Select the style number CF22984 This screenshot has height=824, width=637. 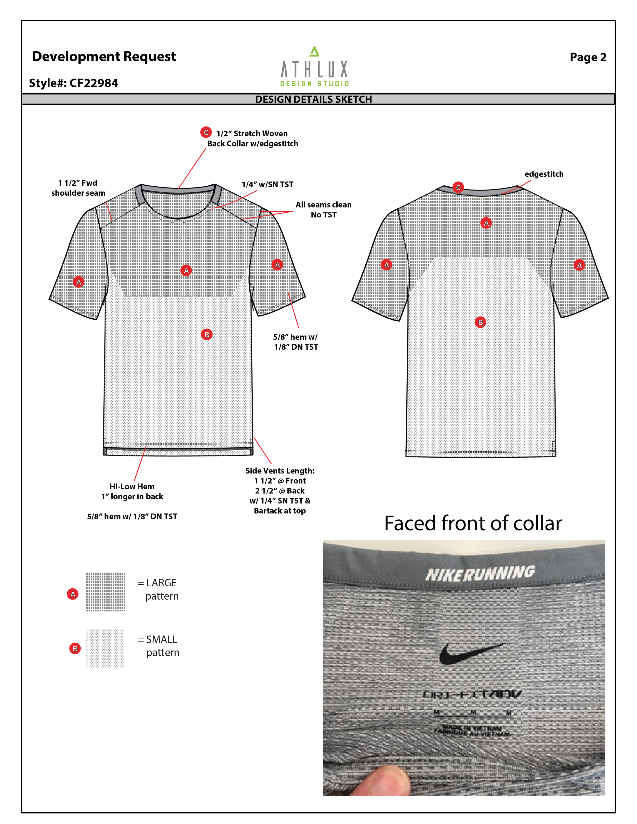tap(74, 83)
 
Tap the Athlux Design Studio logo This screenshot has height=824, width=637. tap(314, 67)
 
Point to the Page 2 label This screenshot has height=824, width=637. tap(588, 57)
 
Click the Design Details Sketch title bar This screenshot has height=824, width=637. tap(314, 99)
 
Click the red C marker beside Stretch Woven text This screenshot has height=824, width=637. tap(206, 132)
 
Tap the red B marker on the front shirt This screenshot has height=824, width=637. tap(207, 335)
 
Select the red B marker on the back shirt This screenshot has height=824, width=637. tap(480, 322)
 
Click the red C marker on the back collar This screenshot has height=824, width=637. tap(458, 187)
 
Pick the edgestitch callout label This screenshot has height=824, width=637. tap(544, 174)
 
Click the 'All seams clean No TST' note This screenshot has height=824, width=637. tap(323, 209)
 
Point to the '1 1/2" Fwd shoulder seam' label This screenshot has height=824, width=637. tap(78, 188)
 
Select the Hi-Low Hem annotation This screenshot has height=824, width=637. tap(132, 491)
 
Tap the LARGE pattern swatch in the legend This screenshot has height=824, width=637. tap(106, 592)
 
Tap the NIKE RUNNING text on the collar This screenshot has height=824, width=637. tap(480, 573)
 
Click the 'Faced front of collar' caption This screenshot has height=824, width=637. tap(473, 523)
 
